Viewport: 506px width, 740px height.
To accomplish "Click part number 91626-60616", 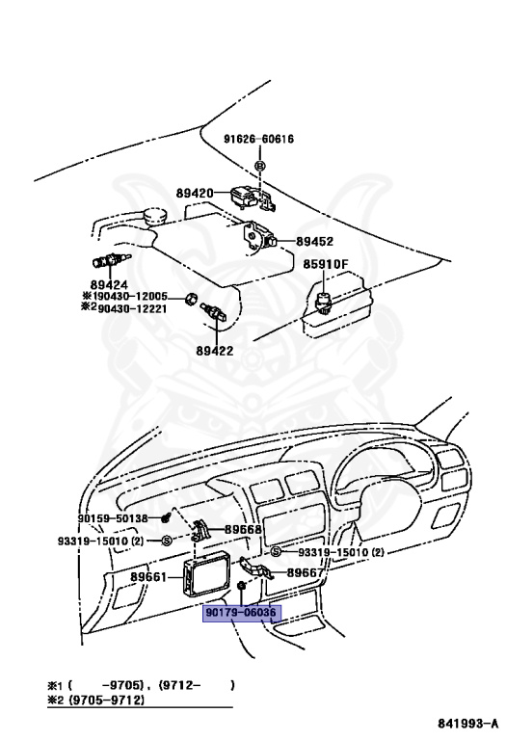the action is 258,139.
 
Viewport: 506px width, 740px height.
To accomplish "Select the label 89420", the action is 195,193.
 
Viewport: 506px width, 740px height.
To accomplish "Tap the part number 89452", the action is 314,241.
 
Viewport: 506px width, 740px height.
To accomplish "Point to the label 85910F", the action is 325,264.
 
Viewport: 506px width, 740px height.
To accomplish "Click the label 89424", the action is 109,285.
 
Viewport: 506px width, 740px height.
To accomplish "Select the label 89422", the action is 215,351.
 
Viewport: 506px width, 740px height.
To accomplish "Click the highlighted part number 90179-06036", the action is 241,613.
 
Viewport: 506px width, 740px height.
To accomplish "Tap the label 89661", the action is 148,577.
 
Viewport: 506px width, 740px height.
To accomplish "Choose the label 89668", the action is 243,530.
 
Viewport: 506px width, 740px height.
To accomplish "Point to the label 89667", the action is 306,573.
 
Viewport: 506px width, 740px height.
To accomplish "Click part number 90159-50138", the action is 113,518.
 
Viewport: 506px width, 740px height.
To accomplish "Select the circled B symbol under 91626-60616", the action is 260,166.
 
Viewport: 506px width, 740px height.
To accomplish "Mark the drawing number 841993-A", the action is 467,723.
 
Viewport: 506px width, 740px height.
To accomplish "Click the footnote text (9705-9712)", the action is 107,700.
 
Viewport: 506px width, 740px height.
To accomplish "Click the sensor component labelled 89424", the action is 111,260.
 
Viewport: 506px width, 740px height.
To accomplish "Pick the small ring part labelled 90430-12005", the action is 190,299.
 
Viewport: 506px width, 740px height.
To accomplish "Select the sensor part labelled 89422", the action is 215,312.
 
